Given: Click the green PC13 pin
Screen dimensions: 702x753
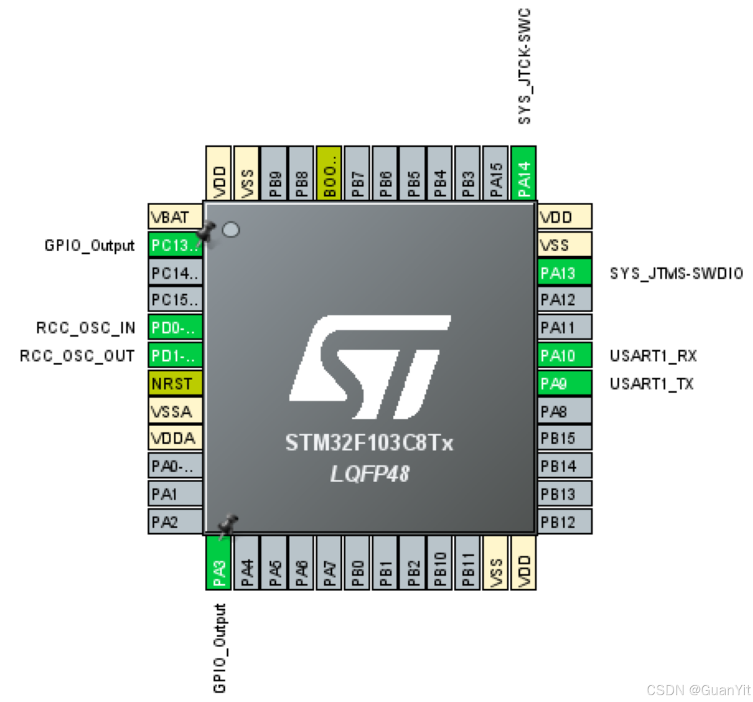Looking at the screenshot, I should [174, 245].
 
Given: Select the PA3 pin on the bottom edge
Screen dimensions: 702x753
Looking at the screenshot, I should [219, 563].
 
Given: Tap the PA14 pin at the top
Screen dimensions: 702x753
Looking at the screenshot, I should [524, 173].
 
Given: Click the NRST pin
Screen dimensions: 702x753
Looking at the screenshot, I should [175, 384].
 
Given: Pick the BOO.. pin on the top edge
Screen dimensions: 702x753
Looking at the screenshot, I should [329, 173].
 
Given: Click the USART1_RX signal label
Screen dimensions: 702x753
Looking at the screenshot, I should [653, 356].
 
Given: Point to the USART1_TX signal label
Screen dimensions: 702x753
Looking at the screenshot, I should [651, 384].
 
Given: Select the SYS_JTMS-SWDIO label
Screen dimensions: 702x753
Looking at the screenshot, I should [676, 273].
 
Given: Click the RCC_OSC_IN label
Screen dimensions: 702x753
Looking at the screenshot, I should [86, 328].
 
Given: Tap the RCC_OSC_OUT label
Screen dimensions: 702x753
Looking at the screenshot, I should [77, 356].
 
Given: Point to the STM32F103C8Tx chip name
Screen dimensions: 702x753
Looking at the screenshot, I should [369, 443].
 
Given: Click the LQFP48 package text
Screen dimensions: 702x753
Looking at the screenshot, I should [369, 474].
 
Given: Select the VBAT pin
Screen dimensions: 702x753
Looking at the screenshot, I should [175, 217].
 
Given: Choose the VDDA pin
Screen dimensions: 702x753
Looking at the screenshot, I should [175, 438].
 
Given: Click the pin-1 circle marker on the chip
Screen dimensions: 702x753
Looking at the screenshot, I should [230, 230].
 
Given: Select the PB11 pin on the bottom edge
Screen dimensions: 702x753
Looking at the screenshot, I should [468, 563].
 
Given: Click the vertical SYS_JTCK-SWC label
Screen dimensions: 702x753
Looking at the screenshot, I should [525, 67].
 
